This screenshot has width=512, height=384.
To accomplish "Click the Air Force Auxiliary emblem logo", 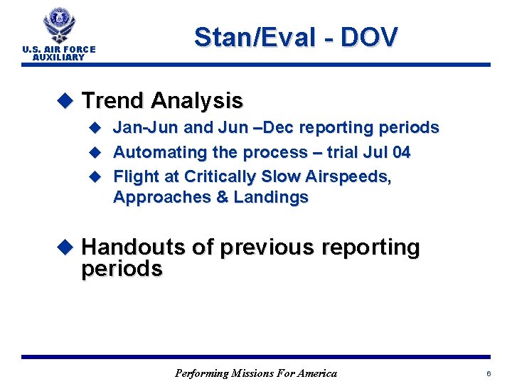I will (59, 26).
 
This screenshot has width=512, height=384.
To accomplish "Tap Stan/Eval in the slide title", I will (252, 37).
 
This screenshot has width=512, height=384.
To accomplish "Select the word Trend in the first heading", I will (113, 101).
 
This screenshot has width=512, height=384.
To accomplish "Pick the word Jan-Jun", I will (142, 128).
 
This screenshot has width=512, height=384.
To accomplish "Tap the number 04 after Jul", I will (400, 152).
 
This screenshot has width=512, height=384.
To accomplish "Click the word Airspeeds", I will (348, 176).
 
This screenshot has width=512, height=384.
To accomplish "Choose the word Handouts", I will (134, 247).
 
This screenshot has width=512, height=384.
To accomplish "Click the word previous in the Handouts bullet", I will (267, 247).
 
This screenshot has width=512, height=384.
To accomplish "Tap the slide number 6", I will (489, 373).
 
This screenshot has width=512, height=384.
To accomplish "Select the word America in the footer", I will (316, 373).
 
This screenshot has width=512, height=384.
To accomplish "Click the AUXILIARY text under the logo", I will (58, 57).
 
